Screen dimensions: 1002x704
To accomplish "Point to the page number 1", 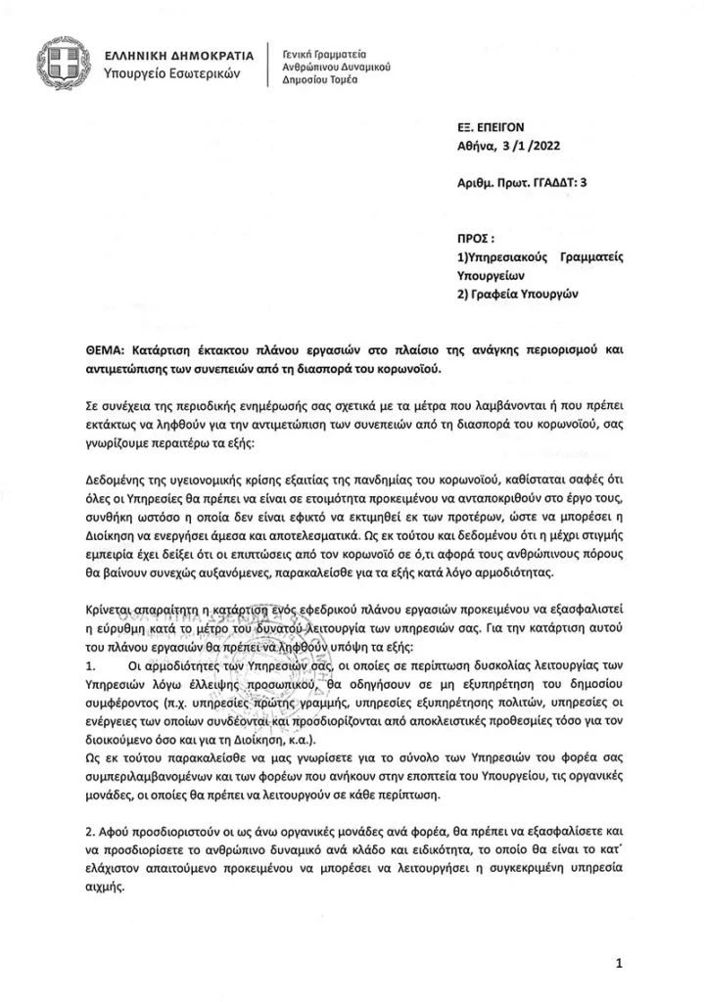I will pyautogui.click(x=620, y=964).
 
